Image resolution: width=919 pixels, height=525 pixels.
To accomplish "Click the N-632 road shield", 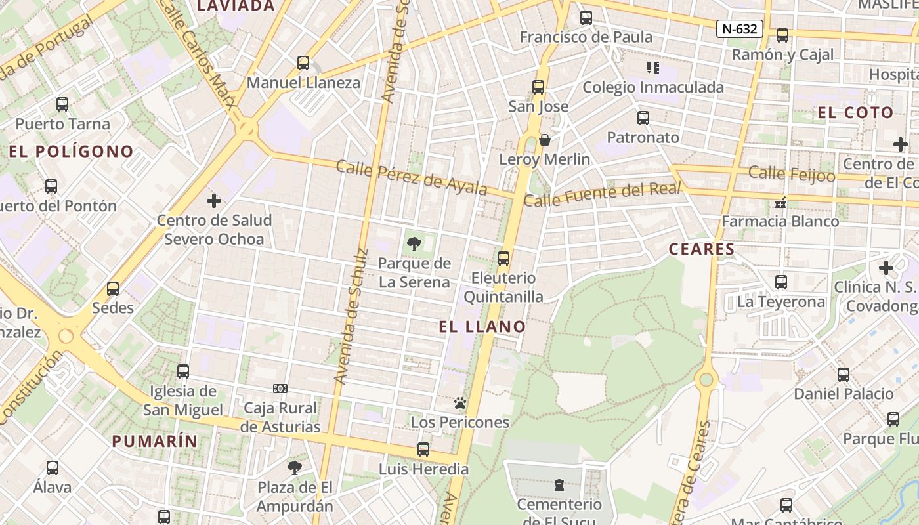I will coord(739,29).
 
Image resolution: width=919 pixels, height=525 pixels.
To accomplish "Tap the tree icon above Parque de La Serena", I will coord(414,244).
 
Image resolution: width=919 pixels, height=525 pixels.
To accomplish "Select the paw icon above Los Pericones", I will coord(460,403).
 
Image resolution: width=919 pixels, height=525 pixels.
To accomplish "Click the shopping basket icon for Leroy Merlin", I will coord(545,140).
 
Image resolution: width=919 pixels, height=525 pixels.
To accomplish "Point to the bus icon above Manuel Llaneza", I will coord(303,63).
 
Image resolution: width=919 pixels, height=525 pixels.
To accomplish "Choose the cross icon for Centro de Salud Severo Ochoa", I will coord(214,201).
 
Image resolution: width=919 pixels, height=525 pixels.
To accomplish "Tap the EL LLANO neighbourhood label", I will coord(482,327).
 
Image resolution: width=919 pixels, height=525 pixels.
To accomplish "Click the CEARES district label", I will coord(702,249).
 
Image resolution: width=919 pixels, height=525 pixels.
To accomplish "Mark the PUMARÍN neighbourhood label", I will coord(154,441).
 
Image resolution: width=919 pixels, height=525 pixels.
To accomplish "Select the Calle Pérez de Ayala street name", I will coord(412,177).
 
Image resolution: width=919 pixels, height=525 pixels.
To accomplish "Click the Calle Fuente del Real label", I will coord(603,195).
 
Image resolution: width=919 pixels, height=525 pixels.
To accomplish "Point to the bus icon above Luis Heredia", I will coord(423,450).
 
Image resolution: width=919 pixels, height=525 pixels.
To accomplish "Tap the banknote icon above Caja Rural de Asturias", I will coord(280,388).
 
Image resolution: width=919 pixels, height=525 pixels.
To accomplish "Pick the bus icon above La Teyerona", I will coord(780,282).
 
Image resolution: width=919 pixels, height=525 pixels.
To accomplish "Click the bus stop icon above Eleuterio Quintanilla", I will coord(503,259).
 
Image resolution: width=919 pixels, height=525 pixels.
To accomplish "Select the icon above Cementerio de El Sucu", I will coord(559,486).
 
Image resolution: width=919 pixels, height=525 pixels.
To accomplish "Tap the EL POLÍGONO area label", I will coord(71,152).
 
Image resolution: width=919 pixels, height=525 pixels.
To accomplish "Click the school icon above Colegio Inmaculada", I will coord(652,67).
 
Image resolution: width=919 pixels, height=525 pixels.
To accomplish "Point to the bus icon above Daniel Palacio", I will coord(844,375).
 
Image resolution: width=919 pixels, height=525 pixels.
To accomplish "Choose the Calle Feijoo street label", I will coord(792,175).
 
